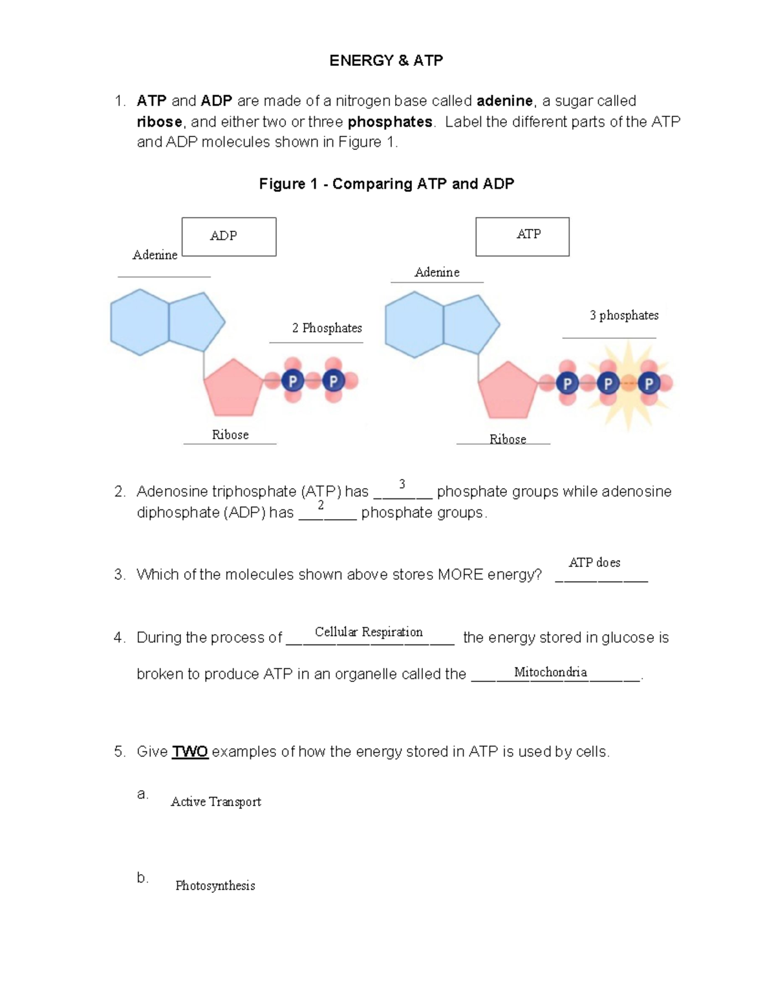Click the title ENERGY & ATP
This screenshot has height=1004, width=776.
coord(386,61)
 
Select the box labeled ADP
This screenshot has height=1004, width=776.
coord(229,237)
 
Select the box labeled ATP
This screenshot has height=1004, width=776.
coord(523,237)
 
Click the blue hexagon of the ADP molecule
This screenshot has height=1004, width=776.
coord(140,322)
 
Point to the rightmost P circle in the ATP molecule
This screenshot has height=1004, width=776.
coord(649,383)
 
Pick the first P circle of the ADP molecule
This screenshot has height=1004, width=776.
coord(292,381)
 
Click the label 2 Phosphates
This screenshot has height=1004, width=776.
coord(327,328)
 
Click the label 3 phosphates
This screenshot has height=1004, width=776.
coord(623,315)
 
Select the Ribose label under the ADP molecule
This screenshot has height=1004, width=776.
coord(230,435)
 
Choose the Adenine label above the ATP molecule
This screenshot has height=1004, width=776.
coord(437,273)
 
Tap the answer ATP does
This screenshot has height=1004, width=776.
coord(594,562)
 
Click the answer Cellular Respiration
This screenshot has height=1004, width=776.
coord(369,632)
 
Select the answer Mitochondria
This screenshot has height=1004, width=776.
coord(550,672)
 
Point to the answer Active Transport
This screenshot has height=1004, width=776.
coord(215,802)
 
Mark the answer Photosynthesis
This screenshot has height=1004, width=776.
coord(215,886)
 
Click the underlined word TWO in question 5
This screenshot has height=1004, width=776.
coord(189,752)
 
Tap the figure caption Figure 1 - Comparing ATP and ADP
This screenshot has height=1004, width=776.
coord(386,184)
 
